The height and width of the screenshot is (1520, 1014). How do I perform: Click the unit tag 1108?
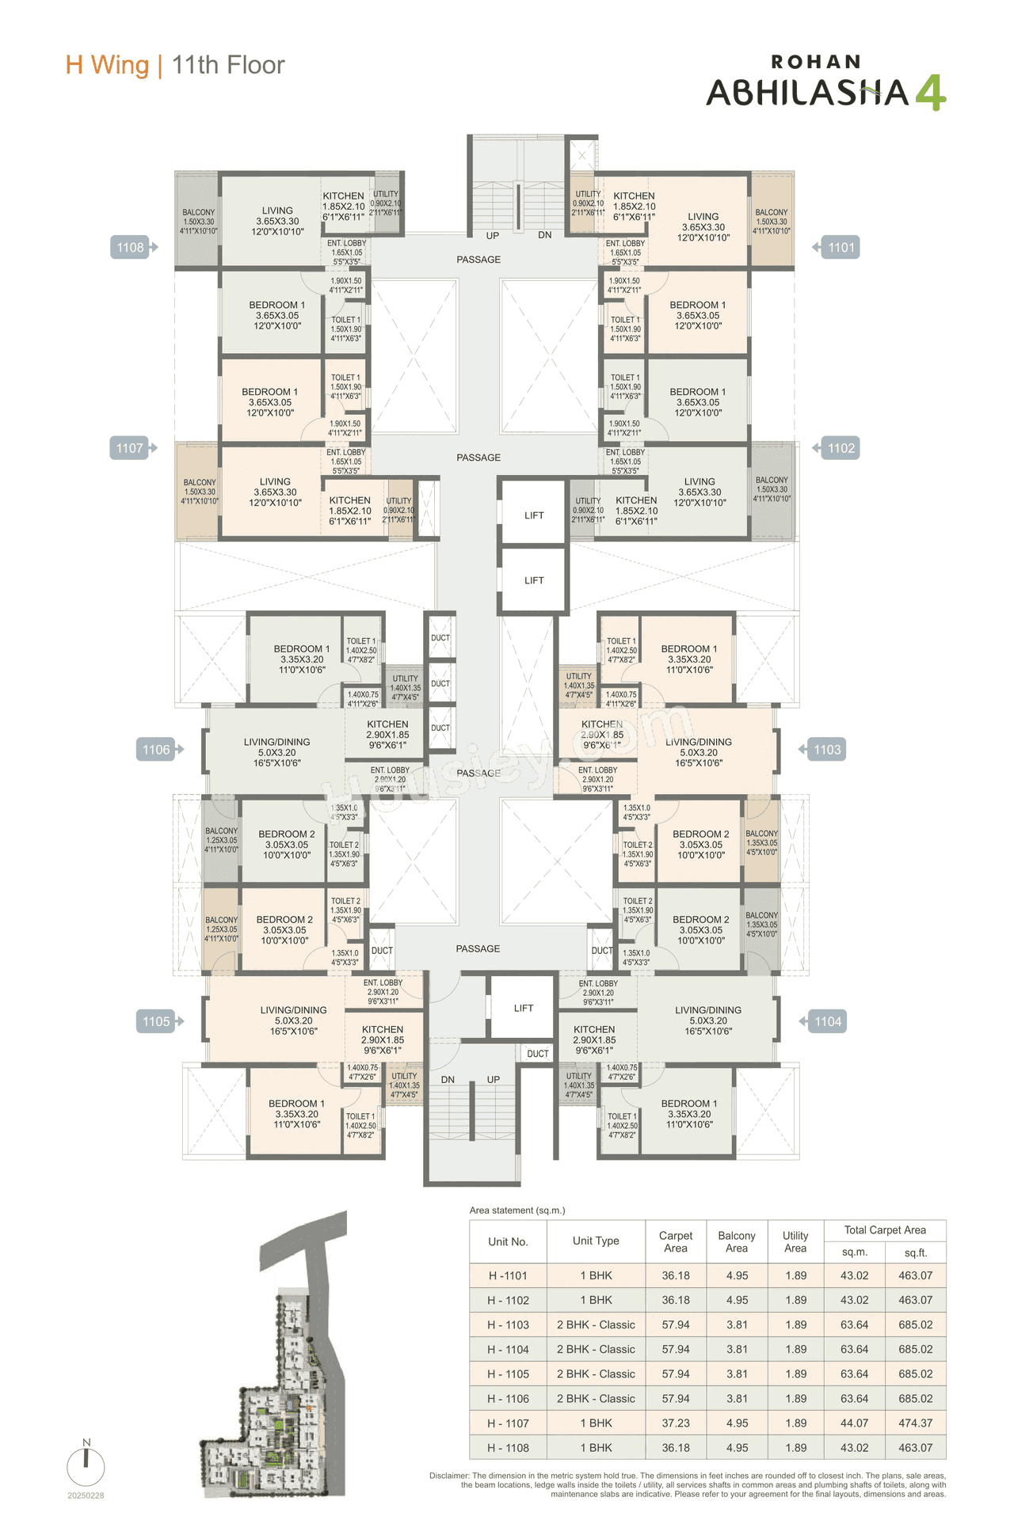132,248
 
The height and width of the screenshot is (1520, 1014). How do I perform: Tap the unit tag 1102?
841,449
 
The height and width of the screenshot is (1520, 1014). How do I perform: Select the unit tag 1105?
157,1021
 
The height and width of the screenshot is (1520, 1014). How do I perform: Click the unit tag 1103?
826,750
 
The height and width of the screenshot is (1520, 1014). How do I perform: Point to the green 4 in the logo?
930,93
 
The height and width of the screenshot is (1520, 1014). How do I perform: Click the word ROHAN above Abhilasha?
816,62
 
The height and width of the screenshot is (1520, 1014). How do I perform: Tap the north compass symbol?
86,1465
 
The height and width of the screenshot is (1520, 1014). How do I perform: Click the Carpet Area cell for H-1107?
676,1423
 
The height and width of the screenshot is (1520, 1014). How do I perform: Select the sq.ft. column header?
916,1252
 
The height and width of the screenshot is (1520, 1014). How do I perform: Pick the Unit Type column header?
596,1241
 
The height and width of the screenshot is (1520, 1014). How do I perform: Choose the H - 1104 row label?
508,1349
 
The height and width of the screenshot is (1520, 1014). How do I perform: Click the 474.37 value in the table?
916,1423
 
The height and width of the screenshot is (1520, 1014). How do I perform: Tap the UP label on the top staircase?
493,236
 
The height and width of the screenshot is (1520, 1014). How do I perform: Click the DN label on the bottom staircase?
448,1080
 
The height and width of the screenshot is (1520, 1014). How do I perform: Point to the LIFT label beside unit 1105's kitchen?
524,1009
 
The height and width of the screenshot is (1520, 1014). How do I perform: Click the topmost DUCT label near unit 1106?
440,638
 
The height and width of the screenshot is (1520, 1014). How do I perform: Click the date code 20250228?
86,1495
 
